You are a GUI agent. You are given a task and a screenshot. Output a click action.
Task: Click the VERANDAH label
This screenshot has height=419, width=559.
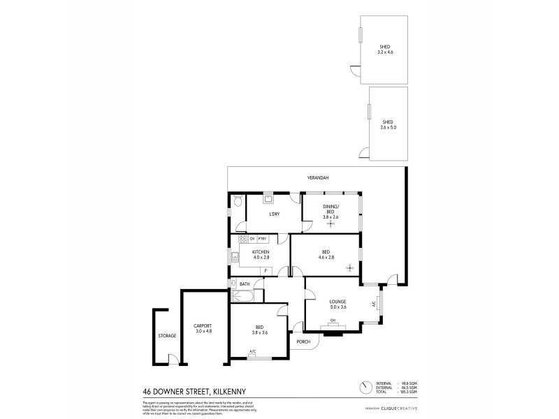(318, 178)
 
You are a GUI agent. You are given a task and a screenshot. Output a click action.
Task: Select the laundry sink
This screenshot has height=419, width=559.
(267, 198)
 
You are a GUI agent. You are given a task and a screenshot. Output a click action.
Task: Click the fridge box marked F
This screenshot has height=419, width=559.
(266, 270)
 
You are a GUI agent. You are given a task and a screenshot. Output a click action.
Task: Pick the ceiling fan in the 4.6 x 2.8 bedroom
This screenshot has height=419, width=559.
(350, 268)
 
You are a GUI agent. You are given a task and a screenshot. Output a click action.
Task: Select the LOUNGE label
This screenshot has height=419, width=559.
(338, 302)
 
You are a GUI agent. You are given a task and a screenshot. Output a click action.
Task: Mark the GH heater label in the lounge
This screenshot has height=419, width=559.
(333, 321)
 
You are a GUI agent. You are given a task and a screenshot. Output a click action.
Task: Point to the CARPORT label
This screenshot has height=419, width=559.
(203, 326)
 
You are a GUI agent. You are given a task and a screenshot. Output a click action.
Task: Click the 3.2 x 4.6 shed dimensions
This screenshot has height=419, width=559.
(386, 52)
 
